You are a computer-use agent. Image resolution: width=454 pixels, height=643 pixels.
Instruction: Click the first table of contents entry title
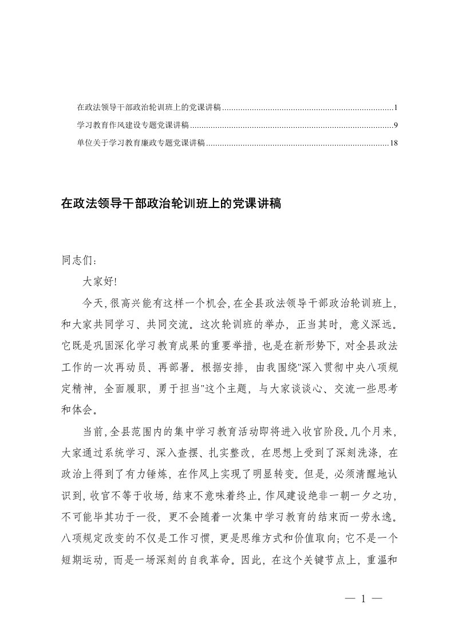click(x=148, y=108)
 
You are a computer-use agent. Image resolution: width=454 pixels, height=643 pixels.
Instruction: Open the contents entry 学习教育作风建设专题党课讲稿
click(x=133, y=125)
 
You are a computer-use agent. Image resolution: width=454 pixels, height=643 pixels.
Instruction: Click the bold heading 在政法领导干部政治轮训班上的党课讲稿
click(x=170, y=203)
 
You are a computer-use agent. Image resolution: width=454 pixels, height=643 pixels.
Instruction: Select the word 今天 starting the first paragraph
click(x=92, y=304)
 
